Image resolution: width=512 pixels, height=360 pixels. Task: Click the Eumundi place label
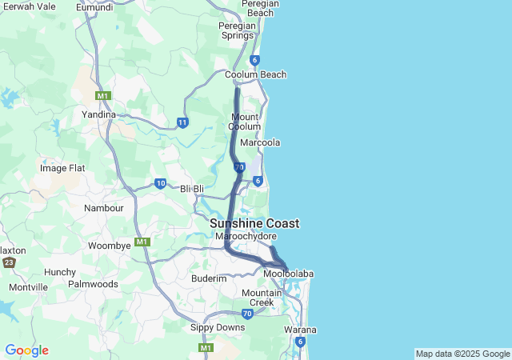[94, 7]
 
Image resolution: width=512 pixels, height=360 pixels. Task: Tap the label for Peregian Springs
[237, 30]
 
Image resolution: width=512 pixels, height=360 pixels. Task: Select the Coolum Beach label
[255, 74]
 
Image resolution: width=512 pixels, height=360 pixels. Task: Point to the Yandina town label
[99, 114]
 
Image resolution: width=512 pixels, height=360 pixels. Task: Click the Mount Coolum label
[244, 122]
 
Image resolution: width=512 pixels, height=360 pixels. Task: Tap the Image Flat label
[62, 168]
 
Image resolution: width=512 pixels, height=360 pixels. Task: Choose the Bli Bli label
[193, 189]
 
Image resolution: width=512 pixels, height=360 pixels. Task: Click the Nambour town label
[104, 208]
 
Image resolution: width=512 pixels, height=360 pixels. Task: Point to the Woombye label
[109, 246]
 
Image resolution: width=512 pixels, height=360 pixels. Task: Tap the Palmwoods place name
[93, 284]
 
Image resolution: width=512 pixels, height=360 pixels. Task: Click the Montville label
[29, 287]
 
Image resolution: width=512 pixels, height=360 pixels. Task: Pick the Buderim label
[209, 278]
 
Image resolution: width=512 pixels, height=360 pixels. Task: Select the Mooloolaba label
[289, 274]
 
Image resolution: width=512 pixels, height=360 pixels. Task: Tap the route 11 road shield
[183, 122]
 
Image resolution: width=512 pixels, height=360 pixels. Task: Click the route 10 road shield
[161, 183]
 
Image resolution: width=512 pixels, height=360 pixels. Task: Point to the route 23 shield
[9, 262]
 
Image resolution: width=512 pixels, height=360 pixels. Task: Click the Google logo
[26, 350]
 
